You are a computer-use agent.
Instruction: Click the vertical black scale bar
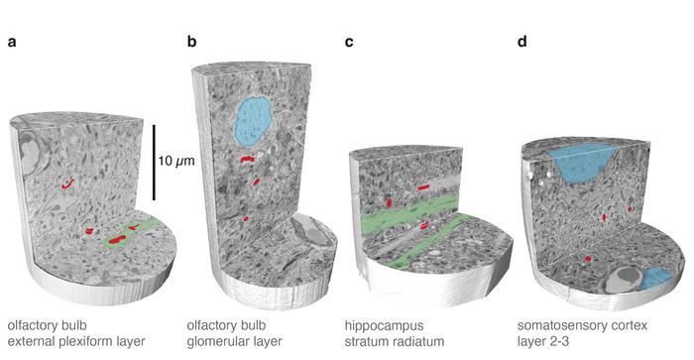point(153,160)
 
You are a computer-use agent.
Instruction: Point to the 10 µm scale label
point(178,159)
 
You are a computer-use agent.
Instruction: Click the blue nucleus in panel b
point(254,119)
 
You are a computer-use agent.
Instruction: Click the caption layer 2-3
point(543,342)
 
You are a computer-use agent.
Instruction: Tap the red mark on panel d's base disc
point(587,259)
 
